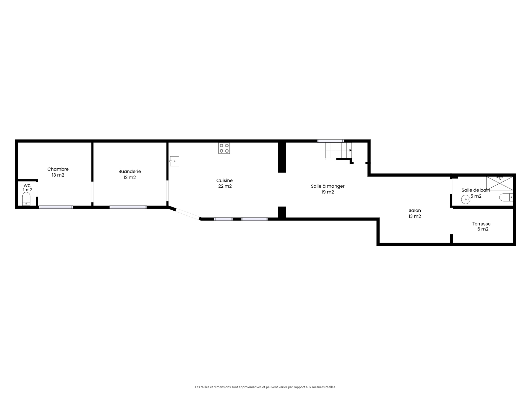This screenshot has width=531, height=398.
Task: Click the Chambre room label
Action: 58,172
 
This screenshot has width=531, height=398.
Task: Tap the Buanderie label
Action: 129,174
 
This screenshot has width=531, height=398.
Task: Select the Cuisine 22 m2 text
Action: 225,183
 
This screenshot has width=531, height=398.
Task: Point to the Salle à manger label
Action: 327,189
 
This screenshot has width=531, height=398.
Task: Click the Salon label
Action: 415,213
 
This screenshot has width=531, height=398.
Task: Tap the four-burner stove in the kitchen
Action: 224,148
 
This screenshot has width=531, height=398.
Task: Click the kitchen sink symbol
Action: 175,161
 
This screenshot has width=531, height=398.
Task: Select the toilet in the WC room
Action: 26,199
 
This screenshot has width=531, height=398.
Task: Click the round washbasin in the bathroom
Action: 466,199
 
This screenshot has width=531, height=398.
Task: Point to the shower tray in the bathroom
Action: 499,183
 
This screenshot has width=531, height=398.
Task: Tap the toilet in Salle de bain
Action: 506,198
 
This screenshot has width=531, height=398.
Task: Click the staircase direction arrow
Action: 350,150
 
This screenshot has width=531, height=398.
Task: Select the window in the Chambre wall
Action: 56,207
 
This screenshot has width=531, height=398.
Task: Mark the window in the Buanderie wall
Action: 128,207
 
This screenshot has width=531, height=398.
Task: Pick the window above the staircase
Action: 330,141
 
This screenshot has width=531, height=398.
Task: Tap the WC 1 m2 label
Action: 27,188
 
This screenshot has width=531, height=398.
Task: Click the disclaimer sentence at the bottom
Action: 265,387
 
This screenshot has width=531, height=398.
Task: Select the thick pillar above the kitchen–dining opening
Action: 282,157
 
